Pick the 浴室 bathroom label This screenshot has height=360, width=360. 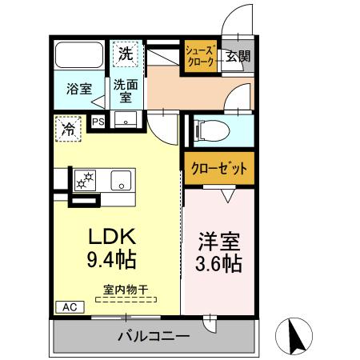[77, 90]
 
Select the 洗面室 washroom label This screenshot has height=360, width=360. [125, 89]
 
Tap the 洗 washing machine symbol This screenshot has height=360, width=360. [126, 54]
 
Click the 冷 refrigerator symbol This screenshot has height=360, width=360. [70, 127]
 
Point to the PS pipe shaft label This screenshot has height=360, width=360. [98, 122]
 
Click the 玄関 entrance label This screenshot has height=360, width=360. [237, 56]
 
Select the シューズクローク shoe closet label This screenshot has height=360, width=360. [200, 58]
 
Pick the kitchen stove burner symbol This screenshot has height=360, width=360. [84, 180]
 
